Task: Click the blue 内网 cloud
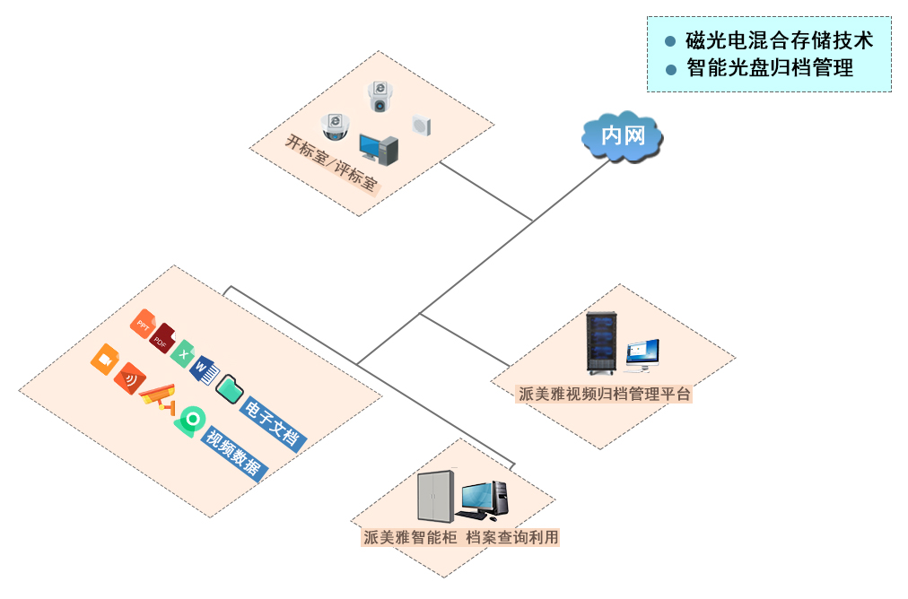(x=622, y=135)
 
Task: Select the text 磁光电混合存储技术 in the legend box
(x=779, y=40)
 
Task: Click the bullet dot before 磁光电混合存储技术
(x=669, y=41)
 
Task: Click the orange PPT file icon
(x=143, y=323)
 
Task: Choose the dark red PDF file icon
(x=162, y=338)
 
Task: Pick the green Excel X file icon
(x=184, y=354)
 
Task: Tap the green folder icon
(x=230, y=387)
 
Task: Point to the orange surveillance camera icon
(x=160, y=396)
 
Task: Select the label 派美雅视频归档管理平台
(x=606, y=394)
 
